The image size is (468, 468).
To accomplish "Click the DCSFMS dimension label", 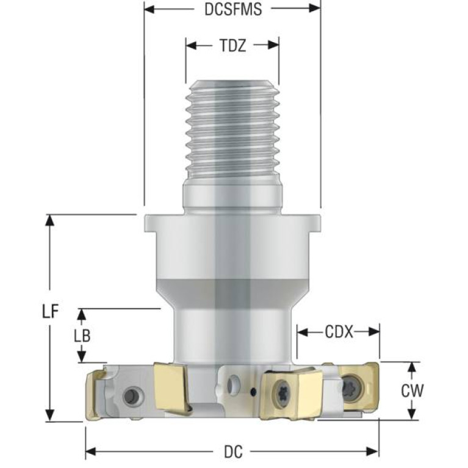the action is tap(233, 9).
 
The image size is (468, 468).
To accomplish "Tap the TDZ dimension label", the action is tap(233, 46).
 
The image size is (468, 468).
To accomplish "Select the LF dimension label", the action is tap(50, 312).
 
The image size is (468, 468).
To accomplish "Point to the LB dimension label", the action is tap(82, 336).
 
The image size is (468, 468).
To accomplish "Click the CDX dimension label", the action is tap(339, 331).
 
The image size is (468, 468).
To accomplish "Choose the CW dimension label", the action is tap(412, 391).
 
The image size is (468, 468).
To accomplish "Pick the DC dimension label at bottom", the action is tap(233, 452).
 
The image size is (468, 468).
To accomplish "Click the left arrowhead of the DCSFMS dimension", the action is tap(149, 9).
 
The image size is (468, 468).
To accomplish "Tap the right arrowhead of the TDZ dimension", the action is tap(274, 45).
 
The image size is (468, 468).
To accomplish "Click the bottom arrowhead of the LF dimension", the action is tap(50, 416).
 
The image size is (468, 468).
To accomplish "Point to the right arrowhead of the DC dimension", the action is tap(373, 452).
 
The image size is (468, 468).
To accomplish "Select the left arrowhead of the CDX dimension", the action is tap(303, 331).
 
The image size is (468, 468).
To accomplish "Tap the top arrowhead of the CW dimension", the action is tap(412, 368).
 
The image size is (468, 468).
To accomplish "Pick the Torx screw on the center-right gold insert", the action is tap(282, 394).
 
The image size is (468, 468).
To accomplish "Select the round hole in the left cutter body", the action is tap(131, 396).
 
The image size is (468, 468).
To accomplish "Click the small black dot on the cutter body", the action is tap(254, 391).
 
